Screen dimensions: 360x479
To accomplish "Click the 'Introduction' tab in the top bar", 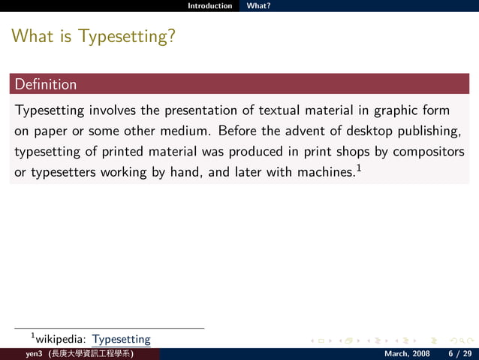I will coord(210,5).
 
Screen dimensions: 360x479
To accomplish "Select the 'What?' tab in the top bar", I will coord(258,5).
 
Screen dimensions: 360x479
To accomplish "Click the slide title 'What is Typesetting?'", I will coord(94,35).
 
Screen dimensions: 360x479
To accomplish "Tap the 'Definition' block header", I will coord(46,84).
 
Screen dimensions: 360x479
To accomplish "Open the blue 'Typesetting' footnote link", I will coord(122,340).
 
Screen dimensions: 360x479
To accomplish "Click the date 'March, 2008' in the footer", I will coord(407,353).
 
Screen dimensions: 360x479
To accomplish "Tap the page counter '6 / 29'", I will coord(459,353).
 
